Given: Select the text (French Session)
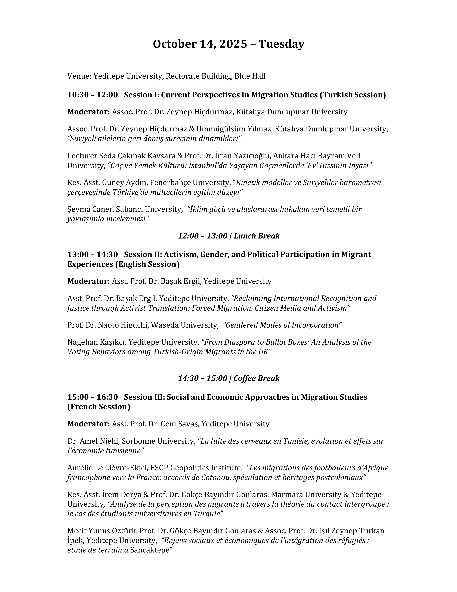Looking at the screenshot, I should tap(99, 407).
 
